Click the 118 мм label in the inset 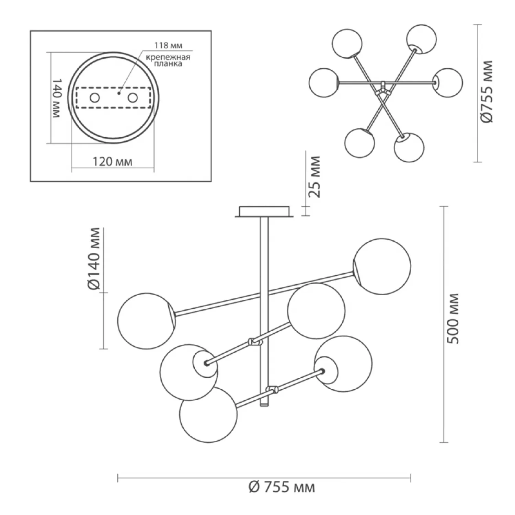168,45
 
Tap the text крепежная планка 168,60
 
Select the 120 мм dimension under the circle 112,162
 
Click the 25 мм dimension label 314,177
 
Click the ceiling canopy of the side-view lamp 264,211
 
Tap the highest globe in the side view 382,266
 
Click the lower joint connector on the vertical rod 273,390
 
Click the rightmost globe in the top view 448,82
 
